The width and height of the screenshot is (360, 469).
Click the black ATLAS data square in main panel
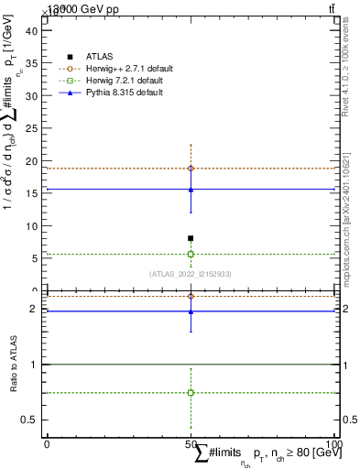click(191, 238)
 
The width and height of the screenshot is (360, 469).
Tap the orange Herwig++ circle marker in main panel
click(191, 169)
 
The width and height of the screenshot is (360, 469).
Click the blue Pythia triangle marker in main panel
click(191, 190)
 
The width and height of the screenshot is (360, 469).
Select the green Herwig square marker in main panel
click(191, 254)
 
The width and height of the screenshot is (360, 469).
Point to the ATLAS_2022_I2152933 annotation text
click(191, 274)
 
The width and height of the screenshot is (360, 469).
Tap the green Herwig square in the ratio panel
click(191, 392)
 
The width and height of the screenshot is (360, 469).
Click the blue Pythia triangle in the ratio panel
click(191, 311)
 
